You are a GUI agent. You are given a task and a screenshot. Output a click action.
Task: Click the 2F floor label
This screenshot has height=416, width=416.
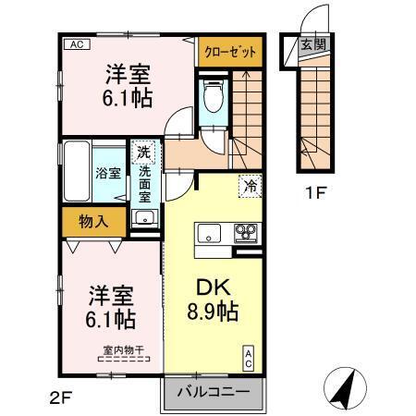pyautogui.click(x=59, y=398)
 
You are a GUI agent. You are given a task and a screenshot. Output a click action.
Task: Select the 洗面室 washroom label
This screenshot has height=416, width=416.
pyautogui.click(x=145, y=184)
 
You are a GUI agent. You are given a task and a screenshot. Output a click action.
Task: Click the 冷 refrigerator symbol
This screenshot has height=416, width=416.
pyautogui.click(x=250, y=185)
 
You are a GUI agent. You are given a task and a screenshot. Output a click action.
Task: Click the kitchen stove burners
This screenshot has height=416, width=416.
pyautogui.click(x=246, y=232)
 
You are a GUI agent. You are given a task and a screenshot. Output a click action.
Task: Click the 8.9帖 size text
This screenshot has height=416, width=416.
pyautogui.click(x=212, y=312)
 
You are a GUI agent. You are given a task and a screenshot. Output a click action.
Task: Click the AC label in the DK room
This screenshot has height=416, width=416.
pyautogui.click(x=248, y=356)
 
